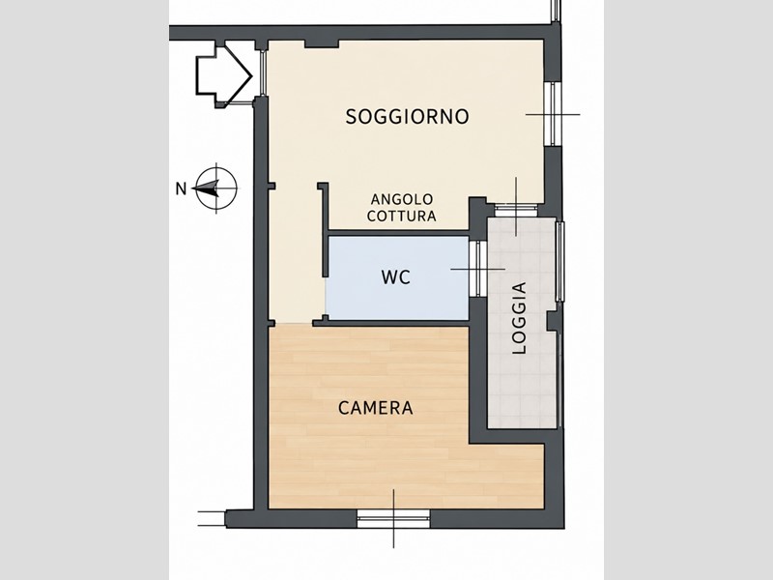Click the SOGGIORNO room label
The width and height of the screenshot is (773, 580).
tap(407, 117)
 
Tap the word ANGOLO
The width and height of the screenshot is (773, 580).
tap(402, 200)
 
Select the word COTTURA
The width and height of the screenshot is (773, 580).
tap(402, 216)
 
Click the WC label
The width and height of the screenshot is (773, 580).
tap(396, 277)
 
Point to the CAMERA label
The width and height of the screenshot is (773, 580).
tap(376, 408)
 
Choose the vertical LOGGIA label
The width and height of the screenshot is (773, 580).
tap(519, 318)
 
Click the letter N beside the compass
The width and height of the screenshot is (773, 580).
tap(182, 188)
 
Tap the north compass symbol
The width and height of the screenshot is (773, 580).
tap(215, 188)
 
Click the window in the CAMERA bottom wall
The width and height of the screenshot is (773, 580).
tap(393, 518)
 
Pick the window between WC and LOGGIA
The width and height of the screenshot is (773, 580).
tap(477, 269)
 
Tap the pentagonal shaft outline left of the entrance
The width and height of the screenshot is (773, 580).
tap(224, 75)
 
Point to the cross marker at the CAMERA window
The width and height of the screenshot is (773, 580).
tap(393, 518)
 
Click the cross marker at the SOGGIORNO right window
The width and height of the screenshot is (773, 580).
tap(553, 114)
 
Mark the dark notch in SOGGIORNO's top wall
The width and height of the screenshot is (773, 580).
tap(322, 43)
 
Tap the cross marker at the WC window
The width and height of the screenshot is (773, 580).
tap(477, 269)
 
